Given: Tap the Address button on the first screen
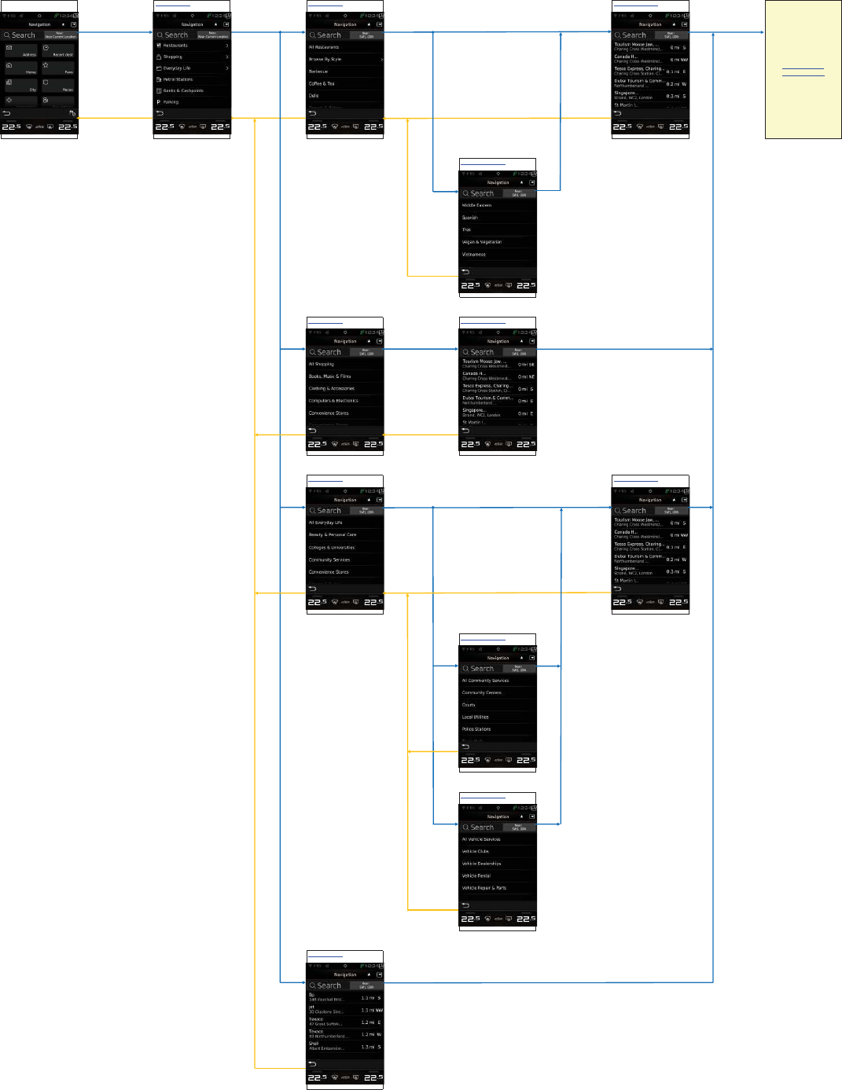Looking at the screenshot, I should tap(21, 51).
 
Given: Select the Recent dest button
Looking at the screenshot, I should tap(58, 51).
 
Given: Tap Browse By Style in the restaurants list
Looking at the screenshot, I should tap(344, 59).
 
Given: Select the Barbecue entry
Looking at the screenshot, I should tap(344, 72).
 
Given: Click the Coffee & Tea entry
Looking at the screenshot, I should tap(344, 83).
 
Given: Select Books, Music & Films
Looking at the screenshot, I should tap(344, 376).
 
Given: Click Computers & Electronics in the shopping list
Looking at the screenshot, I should tap(344, 401).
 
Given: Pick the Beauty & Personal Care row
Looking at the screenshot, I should tap(344, 534).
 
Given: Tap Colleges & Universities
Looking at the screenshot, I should tap(344, 547).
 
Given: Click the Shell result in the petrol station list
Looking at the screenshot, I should tap(344, 1046).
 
